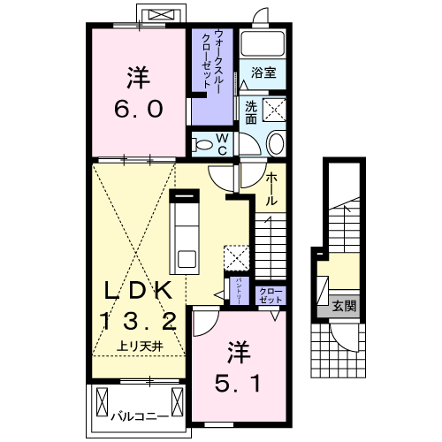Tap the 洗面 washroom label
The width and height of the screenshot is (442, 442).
coord(251,112)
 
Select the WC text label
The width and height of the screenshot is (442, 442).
coord(223,143)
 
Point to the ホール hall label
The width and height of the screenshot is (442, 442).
coord(272,187)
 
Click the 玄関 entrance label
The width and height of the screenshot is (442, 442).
coord(345,307)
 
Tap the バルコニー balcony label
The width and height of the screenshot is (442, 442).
coord(140,414)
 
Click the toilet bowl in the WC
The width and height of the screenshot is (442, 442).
coord(202,143)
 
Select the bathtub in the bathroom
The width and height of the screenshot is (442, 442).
coord(263,43)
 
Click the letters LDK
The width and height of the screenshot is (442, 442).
coord(134,290)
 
